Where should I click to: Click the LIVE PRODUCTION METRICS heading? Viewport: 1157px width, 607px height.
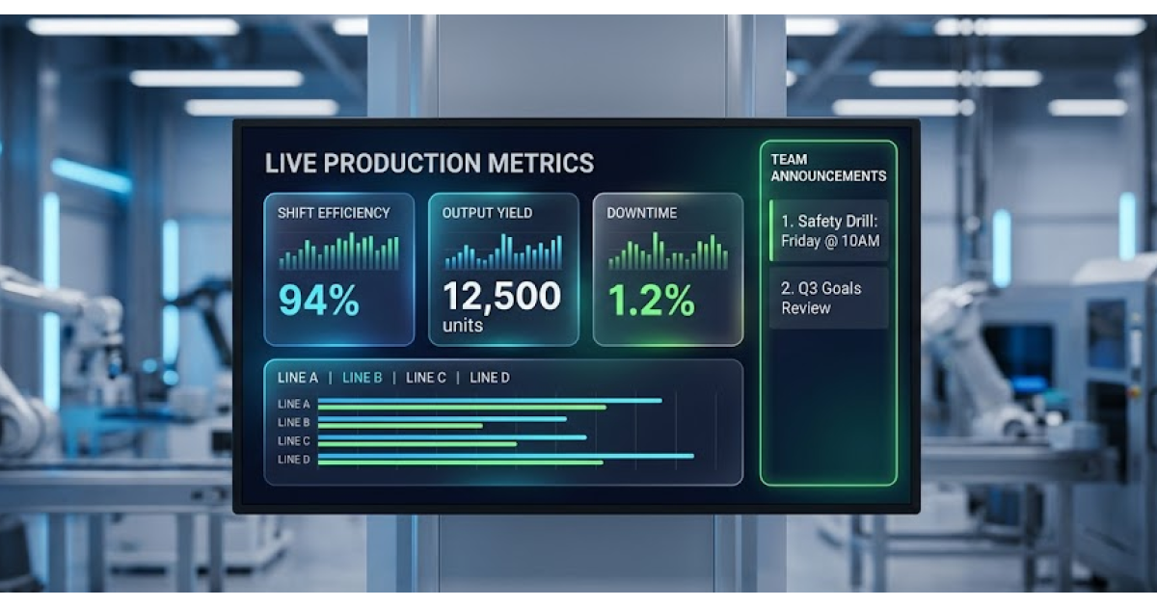click(429, 163)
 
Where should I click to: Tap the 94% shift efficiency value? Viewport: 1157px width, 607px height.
click(319, 300)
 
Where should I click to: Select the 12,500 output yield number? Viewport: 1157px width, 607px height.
click(501, 297)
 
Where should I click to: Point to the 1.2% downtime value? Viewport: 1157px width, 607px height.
click(652, 300)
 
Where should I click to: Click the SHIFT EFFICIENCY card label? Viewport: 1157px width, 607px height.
click(334, 213)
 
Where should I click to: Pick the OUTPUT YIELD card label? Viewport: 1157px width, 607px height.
click(487, 213)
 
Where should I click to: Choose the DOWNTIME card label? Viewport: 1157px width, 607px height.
click(641, 213)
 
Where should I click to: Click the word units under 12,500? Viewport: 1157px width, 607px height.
click(462, 326)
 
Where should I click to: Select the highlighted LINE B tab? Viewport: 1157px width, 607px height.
click(363, 378)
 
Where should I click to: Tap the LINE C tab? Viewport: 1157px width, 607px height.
click(425, 378)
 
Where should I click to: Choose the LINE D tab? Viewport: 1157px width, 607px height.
click(489, 378)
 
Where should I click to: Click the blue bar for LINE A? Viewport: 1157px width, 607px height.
click(490, 400)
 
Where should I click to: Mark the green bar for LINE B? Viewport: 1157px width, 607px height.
click(400, 426)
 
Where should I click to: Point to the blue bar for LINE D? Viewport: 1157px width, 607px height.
click(505, 456)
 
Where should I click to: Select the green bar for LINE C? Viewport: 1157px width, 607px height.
click(417, 444)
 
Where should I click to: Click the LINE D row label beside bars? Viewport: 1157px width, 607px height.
click(293, 460)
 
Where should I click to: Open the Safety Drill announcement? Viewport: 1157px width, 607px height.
click(829, 230)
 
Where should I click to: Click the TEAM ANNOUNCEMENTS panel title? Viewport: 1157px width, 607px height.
click(828, 168)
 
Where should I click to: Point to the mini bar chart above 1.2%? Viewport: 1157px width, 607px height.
click(668, 251)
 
